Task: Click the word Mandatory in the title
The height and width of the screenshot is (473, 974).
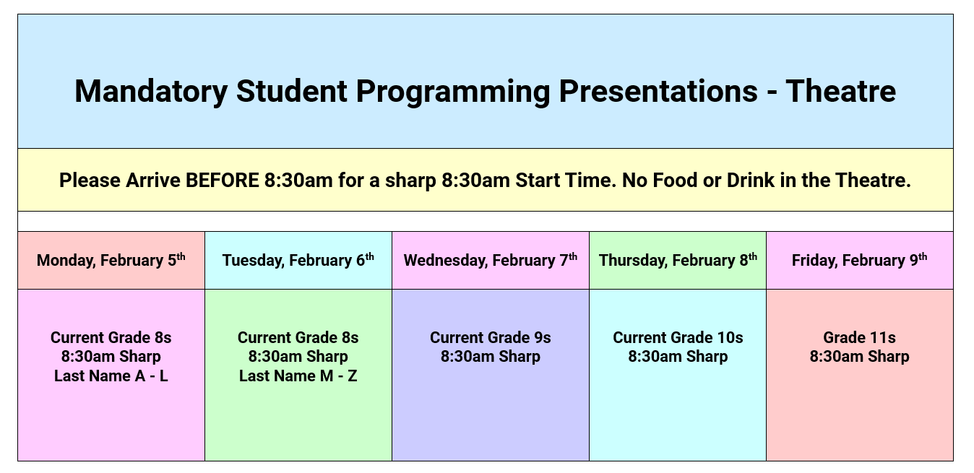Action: [151, 92]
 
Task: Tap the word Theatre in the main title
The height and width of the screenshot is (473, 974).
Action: [840, 91]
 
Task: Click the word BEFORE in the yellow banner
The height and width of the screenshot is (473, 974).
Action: [223, 181]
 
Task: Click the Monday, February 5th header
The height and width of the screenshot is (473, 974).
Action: [111, 260]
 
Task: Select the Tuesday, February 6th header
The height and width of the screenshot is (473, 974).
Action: [298, 260]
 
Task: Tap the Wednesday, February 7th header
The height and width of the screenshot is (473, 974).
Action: [490, 260]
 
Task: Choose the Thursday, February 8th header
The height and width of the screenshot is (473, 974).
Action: [678, 260]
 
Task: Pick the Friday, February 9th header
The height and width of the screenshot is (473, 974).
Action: [859, 260]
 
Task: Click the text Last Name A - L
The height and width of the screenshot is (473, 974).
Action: [111, 376]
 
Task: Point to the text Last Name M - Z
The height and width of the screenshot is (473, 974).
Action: [298, 376]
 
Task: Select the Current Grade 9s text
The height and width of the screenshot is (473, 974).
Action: [490, 337]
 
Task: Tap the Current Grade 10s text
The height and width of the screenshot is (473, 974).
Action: [678, 337]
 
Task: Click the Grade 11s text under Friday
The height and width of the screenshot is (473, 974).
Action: [859, 337]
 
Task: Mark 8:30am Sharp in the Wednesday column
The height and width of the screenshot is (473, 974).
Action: [490, 357]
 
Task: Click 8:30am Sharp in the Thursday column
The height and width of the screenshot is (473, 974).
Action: [678, 357]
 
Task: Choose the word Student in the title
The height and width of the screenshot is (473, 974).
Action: [291, 91]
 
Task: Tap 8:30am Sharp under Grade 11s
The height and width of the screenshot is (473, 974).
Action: [859, 357]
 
